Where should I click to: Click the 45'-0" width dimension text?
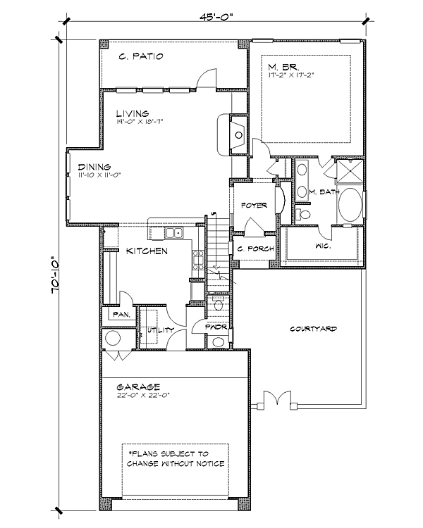(216, 17)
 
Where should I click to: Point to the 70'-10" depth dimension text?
(56, 276)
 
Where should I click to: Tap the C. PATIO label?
(141, 56)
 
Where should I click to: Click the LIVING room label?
(133, 113)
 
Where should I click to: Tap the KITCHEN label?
(147, 251)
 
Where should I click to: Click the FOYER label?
(255, 205)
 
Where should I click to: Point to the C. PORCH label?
(255, 249)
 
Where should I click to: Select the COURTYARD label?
(313, 329)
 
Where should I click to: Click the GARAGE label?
(138, 387)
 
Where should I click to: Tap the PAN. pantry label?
(121, 315)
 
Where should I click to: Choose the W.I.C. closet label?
(323, 246)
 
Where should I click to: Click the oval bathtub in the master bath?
(350, 205)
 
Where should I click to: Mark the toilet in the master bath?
(302, 214)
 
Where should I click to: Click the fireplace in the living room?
(239, 134)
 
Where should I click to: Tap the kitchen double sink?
(174, 233)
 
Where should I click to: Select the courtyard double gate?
(277, 398)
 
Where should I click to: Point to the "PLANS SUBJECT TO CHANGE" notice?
(176, 458)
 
